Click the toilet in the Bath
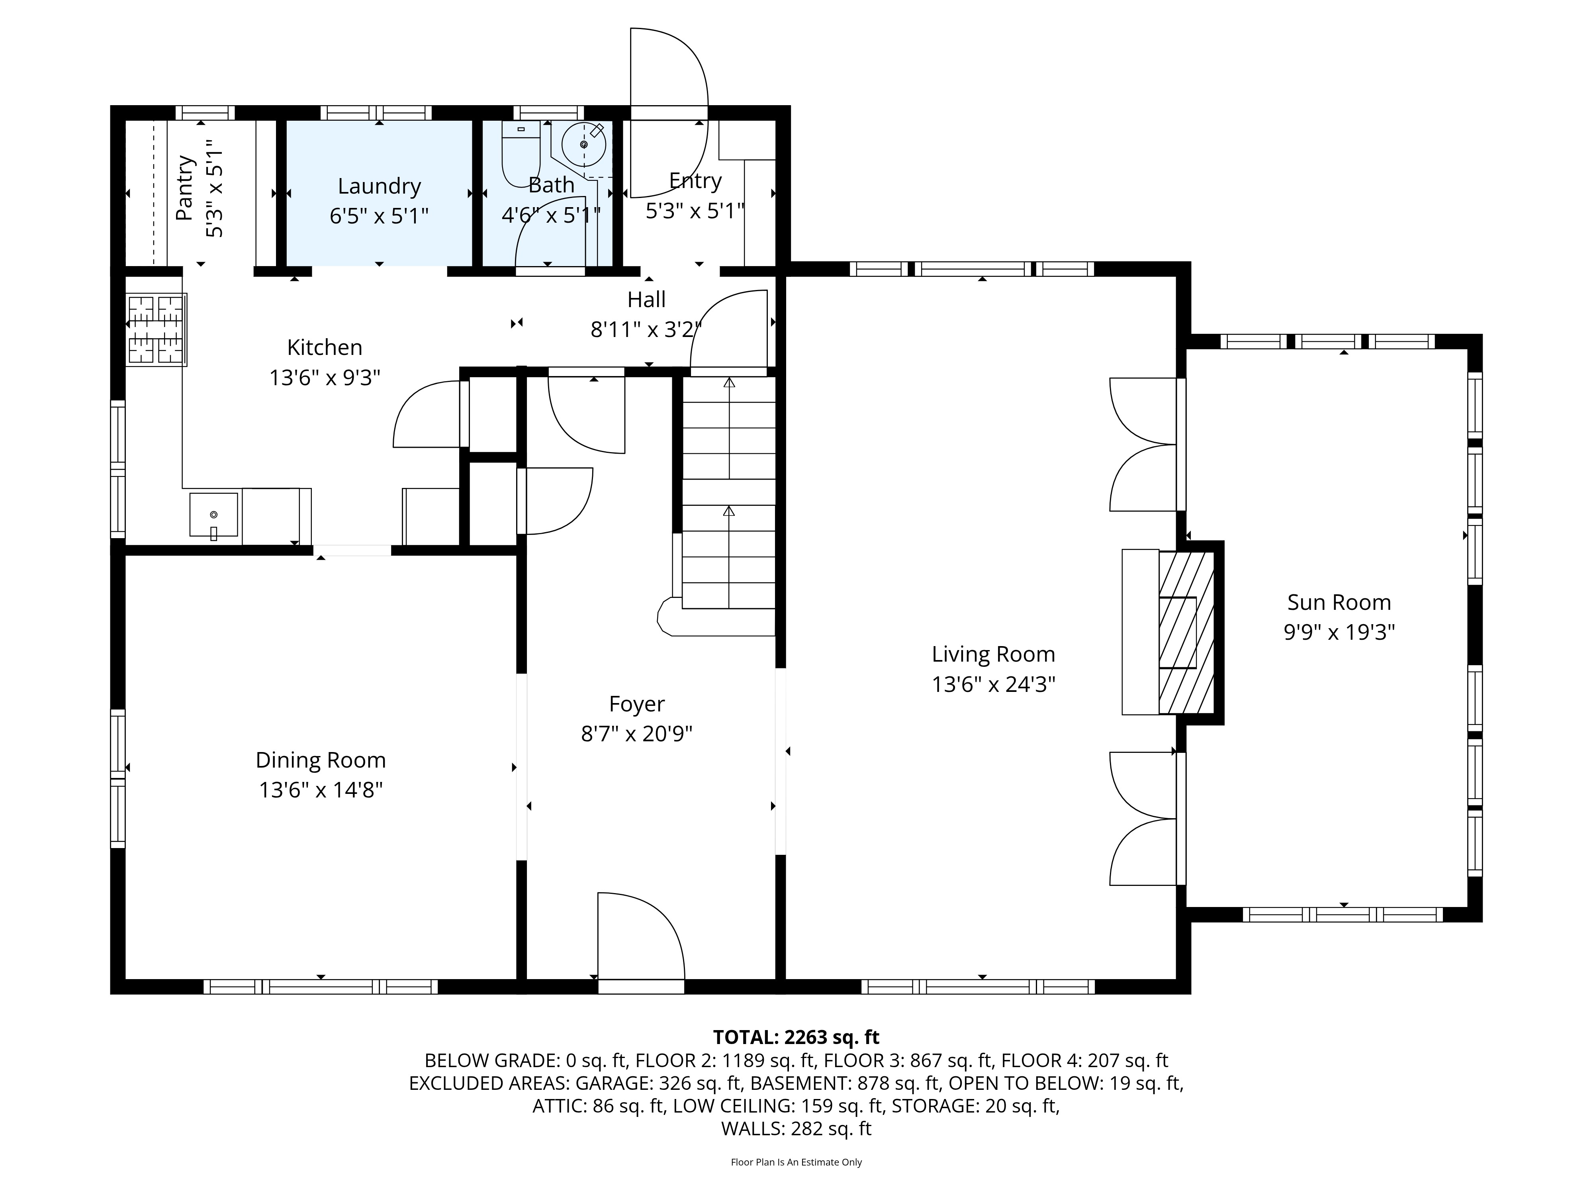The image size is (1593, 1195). click(520, 153)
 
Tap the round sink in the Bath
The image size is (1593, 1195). click(583, 145)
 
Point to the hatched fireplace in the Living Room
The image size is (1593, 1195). click(1185, 633)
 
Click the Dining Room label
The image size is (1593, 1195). click(321, 760)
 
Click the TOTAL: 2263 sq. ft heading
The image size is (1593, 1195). click(796, 1037)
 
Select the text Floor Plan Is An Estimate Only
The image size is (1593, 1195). click(796, 1162)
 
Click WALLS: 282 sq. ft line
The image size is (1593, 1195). click(796, 1129)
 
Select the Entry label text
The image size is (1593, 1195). click(695, 181)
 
